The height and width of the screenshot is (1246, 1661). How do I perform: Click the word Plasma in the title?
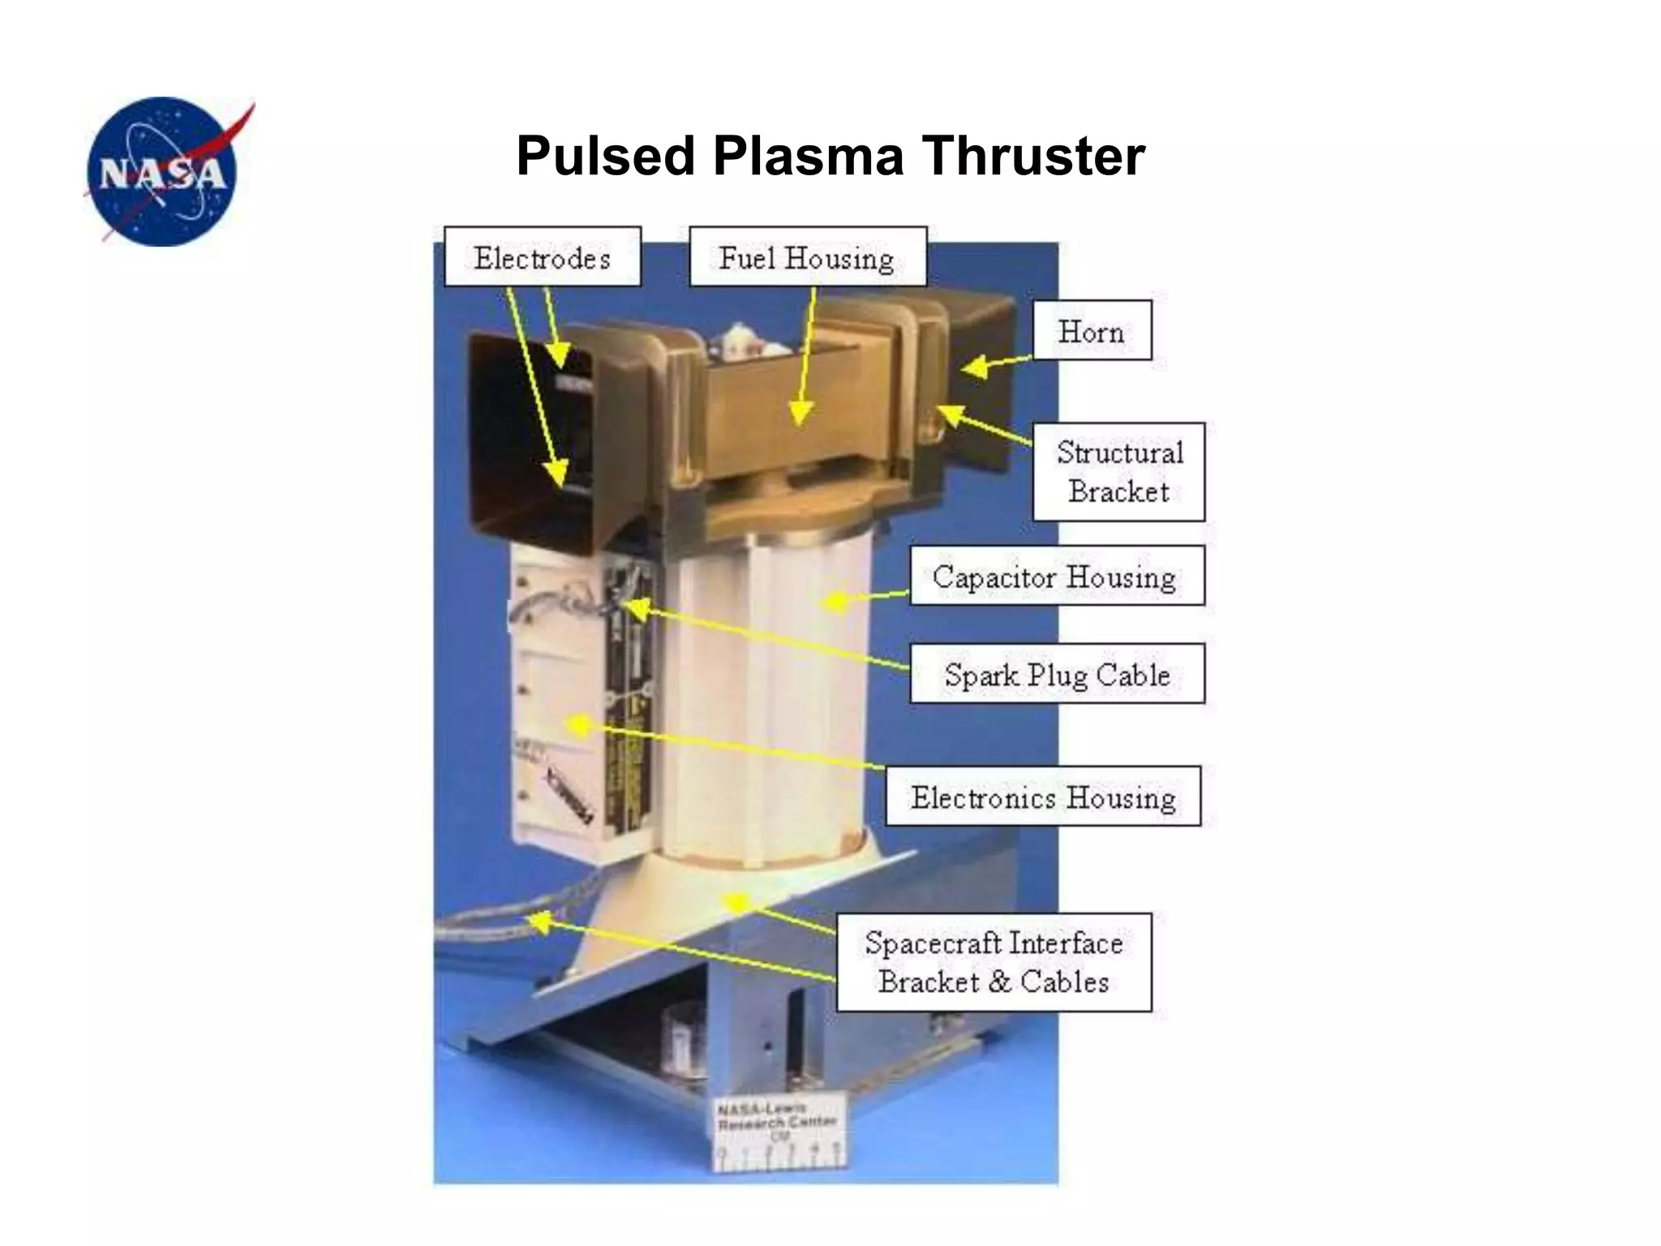[808, 156]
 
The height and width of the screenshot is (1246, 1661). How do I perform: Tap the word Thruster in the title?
[1032, 156]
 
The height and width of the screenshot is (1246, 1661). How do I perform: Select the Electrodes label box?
[543, 257]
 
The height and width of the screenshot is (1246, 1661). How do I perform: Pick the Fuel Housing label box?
[807, 257]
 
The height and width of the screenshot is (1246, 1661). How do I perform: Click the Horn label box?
[1092, 331]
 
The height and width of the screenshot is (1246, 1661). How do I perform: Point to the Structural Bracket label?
[1118, 471]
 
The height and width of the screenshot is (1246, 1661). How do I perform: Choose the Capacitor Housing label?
[1056, 576]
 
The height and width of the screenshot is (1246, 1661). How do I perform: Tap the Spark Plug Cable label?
[1057, 674]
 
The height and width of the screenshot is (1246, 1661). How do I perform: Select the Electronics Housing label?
[1043, 797]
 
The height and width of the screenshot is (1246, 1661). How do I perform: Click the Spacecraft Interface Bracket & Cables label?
[994, 962]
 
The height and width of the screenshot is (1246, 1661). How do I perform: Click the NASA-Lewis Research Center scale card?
[777, 1134]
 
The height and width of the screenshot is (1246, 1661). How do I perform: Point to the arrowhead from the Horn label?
[975, 367]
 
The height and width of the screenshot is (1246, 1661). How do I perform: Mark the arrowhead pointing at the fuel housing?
[800, 413]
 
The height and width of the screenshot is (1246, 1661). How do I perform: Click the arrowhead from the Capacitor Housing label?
[835, 601]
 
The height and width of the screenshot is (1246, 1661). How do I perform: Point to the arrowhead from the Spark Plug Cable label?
[637, 608]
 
